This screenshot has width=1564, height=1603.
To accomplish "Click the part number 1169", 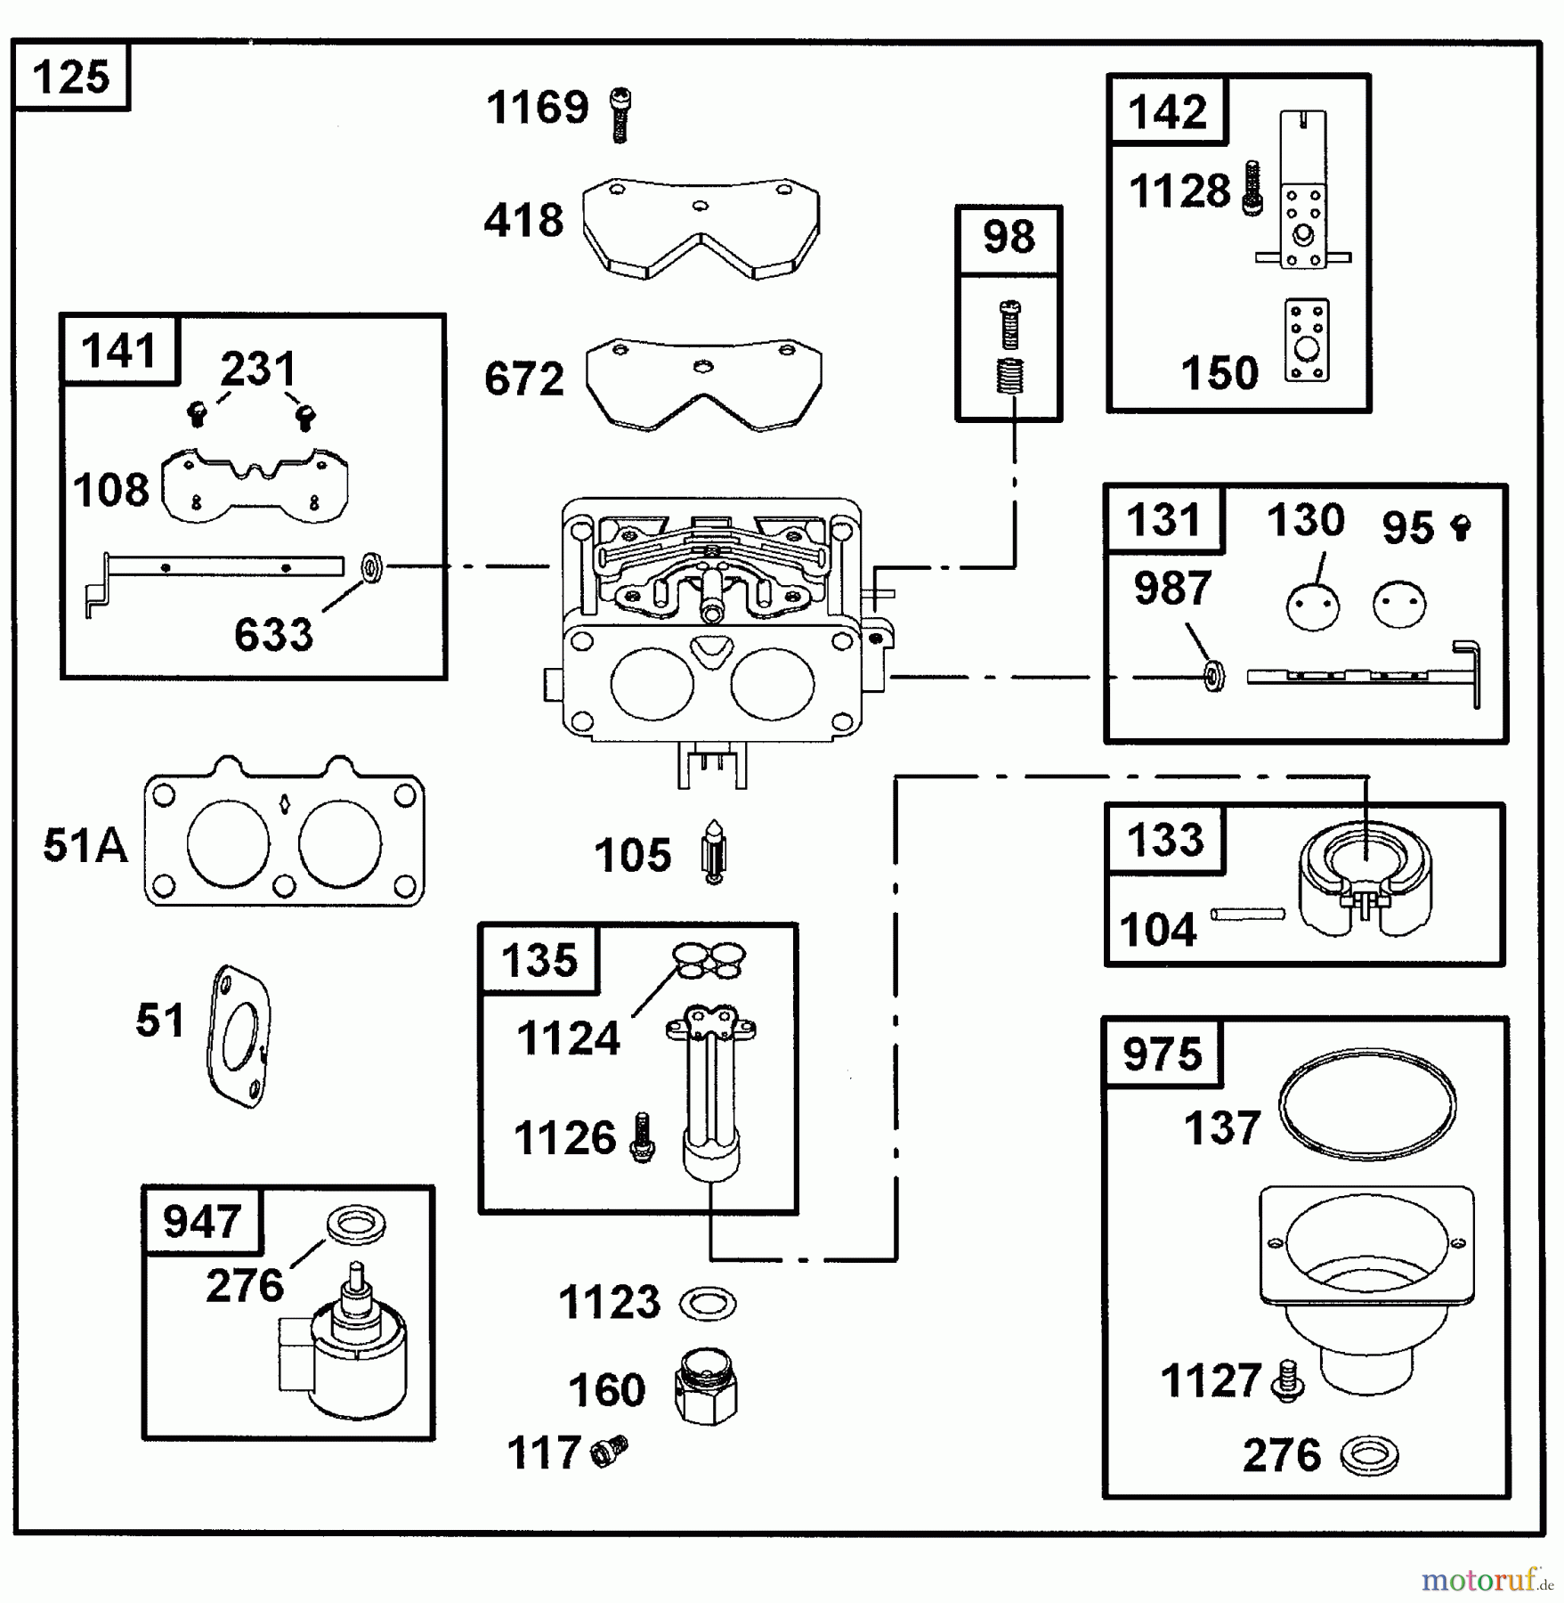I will click(x=537, y=108).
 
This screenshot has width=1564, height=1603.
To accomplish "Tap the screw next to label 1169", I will click(x=620, y=115).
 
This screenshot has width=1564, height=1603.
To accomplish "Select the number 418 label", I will click(x=523, y=220).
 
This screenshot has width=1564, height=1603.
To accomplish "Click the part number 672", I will click(x=523, y=378).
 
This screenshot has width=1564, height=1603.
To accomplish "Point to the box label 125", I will click(x=71, y=77).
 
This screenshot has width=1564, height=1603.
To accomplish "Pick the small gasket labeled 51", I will click(x=239, y=1036).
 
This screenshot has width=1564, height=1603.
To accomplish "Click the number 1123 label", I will click(x=609, y=1302).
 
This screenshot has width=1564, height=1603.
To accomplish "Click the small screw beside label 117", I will click(x=610, y=1451).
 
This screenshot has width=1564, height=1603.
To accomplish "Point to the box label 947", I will click(x=201, y=1220).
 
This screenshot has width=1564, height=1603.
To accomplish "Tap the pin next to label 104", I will click(x=1248, y=913).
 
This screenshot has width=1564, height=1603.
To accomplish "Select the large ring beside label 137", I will click(x=1367, y=1104).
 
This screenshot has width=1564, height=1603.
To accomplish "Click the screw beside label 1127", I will click(x=1288, y=1380).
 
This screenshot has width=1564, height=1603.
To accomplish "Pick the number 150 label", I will click(x=1220, y=372).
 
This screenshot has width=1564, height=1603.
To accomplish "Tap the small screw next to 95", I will click(x=1460, y=527).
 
